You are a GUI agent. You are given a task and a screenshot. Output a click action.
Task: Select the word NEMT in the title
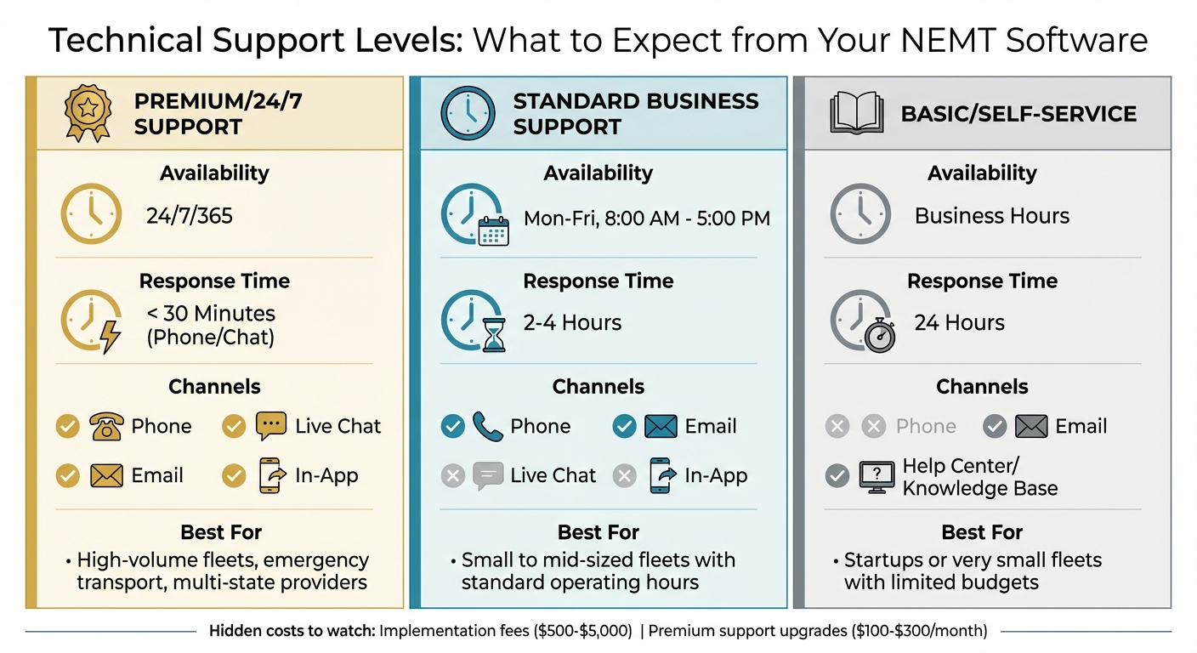point(933,39)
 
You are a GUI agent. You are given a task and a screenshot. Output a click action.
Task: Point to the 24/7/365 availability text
point(189,215)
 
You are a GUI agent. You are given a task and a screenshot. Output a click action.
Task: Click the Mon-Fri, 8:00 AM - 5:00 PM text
point(646,219)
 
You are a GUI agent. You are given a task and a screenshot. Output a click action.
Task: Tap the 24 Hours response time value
point(959,323)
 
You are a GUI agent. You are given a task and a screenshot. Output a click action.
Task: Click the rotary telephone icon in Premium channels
point(107,426)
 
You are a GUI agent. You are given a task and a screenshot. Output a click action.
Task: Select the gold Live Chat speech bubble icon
point(271,426)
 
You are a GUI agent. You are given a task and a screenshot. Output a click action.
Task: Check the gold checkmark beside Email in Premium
point(68,475)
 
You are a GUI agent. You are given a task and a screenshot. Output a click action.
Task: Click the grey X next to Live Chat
point(453,475)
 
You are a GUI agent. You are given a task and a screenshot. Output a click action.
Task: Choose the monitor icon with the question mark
point(876,476)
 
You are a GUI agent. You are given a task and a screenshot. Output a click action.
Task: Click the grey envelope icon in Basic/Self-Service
point(1031,426)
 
